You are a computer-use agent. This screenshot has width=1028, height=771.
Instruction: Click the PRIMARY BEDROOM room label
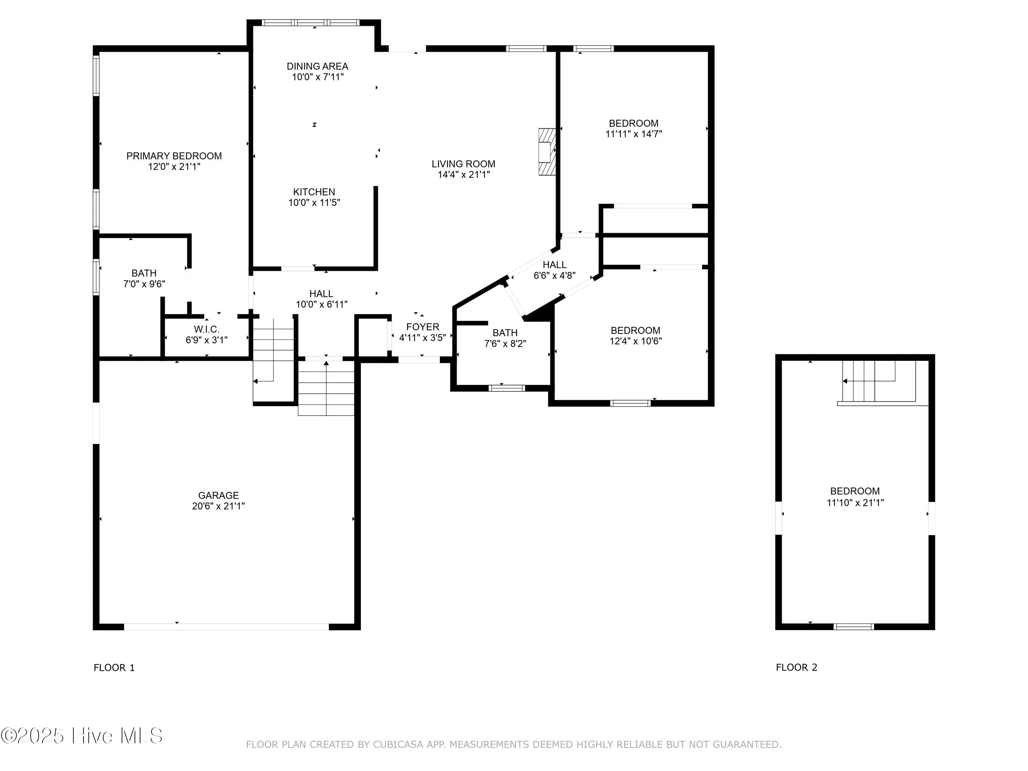point(174,156)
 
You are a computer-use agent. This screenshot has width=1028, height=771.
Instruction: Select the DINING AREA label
point(317,66)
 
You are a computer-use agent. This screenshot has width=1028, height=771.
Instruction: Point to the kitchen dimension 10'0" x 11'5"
point(314,203)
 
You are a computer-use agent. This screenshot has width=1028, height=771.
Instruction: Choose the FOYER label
point(423,327)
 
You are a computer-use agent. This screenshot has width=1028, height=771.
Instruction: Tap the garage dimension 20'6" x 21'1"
point(218,506)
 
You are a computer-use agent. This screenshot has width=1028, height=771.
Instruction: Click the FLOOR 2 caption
point(796,668)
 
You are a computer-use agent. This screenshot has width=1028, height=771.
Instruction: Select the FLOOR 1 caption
point(114,668)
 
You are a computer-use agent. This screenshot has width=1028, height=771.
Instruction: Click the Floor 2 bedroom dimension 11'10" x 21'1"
point(855,502)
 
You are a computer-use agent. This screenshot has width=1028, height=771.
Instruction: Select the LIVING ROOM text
point(463,164)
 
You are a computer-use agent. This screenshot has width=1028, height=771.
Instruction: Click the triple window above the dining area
point(310,22)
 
